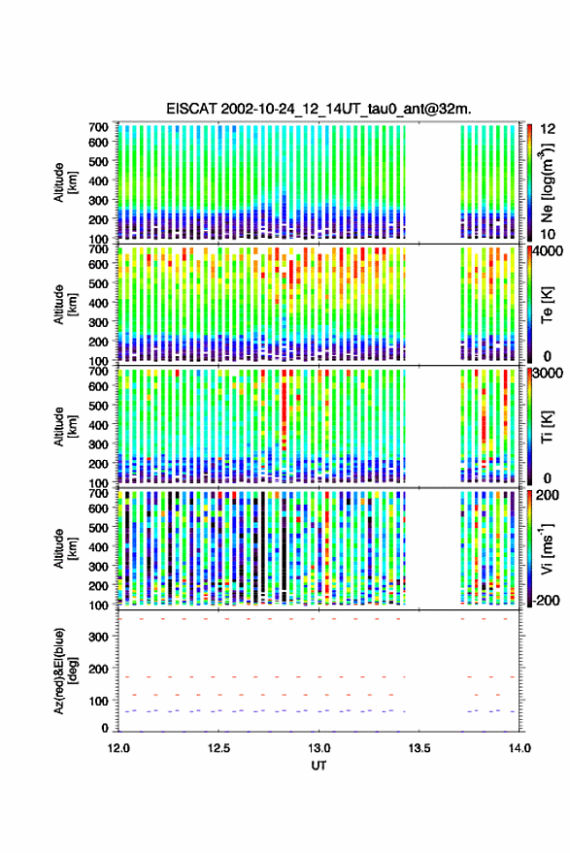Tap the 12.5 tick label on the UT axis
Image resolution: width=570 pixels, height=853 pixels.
coord(218,748)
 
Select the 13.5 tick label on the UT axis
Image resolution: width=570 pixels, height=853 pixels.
coord(419,748)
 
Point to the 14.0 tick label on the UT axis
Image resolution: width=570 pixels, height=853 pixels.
coord(520,748)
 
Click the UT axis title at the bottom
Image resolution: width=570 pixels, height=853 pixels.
coord(319,766)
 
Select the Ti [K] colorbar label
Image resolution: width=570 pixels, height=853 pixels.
coord(547,427)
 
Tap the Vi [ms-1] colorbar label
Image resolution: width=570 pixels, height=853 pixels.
coord(547,548)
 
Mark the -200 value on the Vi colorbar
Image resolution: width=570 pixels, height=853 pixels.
coord(547,601)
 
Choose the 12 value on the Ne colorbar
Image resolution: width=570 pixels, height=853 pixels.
coord(549,129)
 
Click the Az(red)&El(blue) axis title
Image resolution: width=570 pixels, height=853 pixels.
coord(66,671)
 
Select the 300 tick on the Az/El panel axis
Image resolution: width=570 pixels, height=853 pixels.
coord(98,637)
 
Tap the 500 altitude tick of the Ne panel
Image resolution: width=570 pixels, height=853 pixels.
coord(98,161)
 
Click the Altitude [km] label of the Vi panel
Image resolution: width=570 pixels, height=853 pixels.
coord(66,548)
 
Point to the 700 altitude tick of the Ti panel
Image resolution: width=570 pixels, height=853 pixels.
coord(98,371)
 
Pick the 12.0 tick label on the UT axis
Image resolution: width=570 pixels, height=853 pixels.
coord(118,748)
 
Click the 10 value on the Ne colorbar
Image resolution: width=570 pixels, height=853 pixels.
coord(549,234)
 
